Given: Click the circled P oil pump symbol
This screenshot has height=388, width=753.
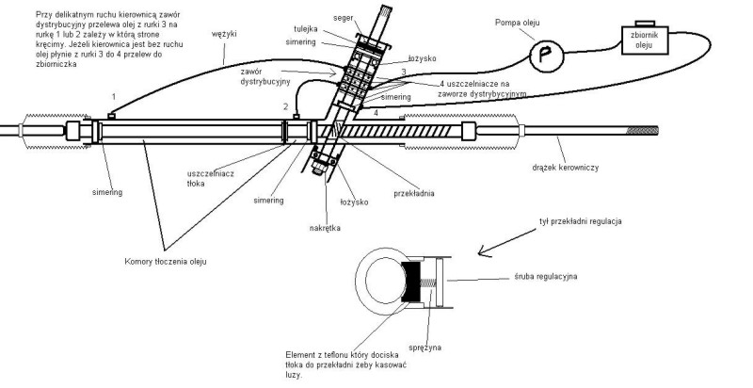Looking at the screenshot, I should (543, 55).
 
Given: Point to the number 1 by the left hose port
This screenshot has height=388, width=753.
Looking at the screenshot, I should (114, 97).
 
